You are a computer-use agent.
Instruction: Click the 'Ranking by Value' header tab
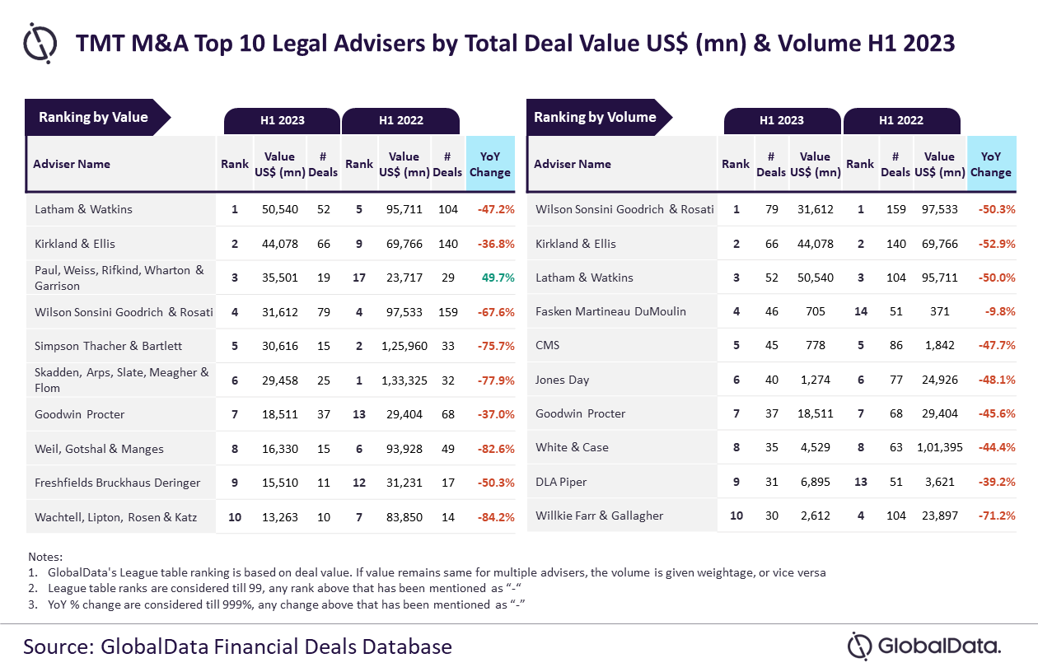tap(93, 117)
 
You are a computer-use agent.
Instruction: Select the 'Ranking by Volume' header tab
tap(595, 117)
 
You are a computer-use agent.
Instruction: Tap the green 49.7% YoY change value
tap(498, 278)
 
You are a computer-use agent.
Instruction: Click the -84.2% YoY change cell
tap(496, 517)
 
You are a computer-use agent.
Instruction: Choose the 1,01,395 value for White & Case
tap(939, 447)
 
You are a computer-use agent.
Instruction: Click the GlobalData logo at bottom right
tap(924, 646)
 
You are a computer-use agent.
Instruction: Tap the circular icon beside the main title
tap(40, 42)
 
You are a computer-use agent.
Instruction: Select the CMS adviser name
tap(547, 345)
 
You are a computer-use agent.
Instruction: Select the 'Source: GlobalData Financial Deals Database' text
tap(237, 646)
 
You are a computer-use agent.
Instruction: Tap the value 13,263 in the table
tap(280, 517)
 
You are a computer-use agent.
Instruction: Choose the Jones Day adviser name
tap(562, 380)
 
